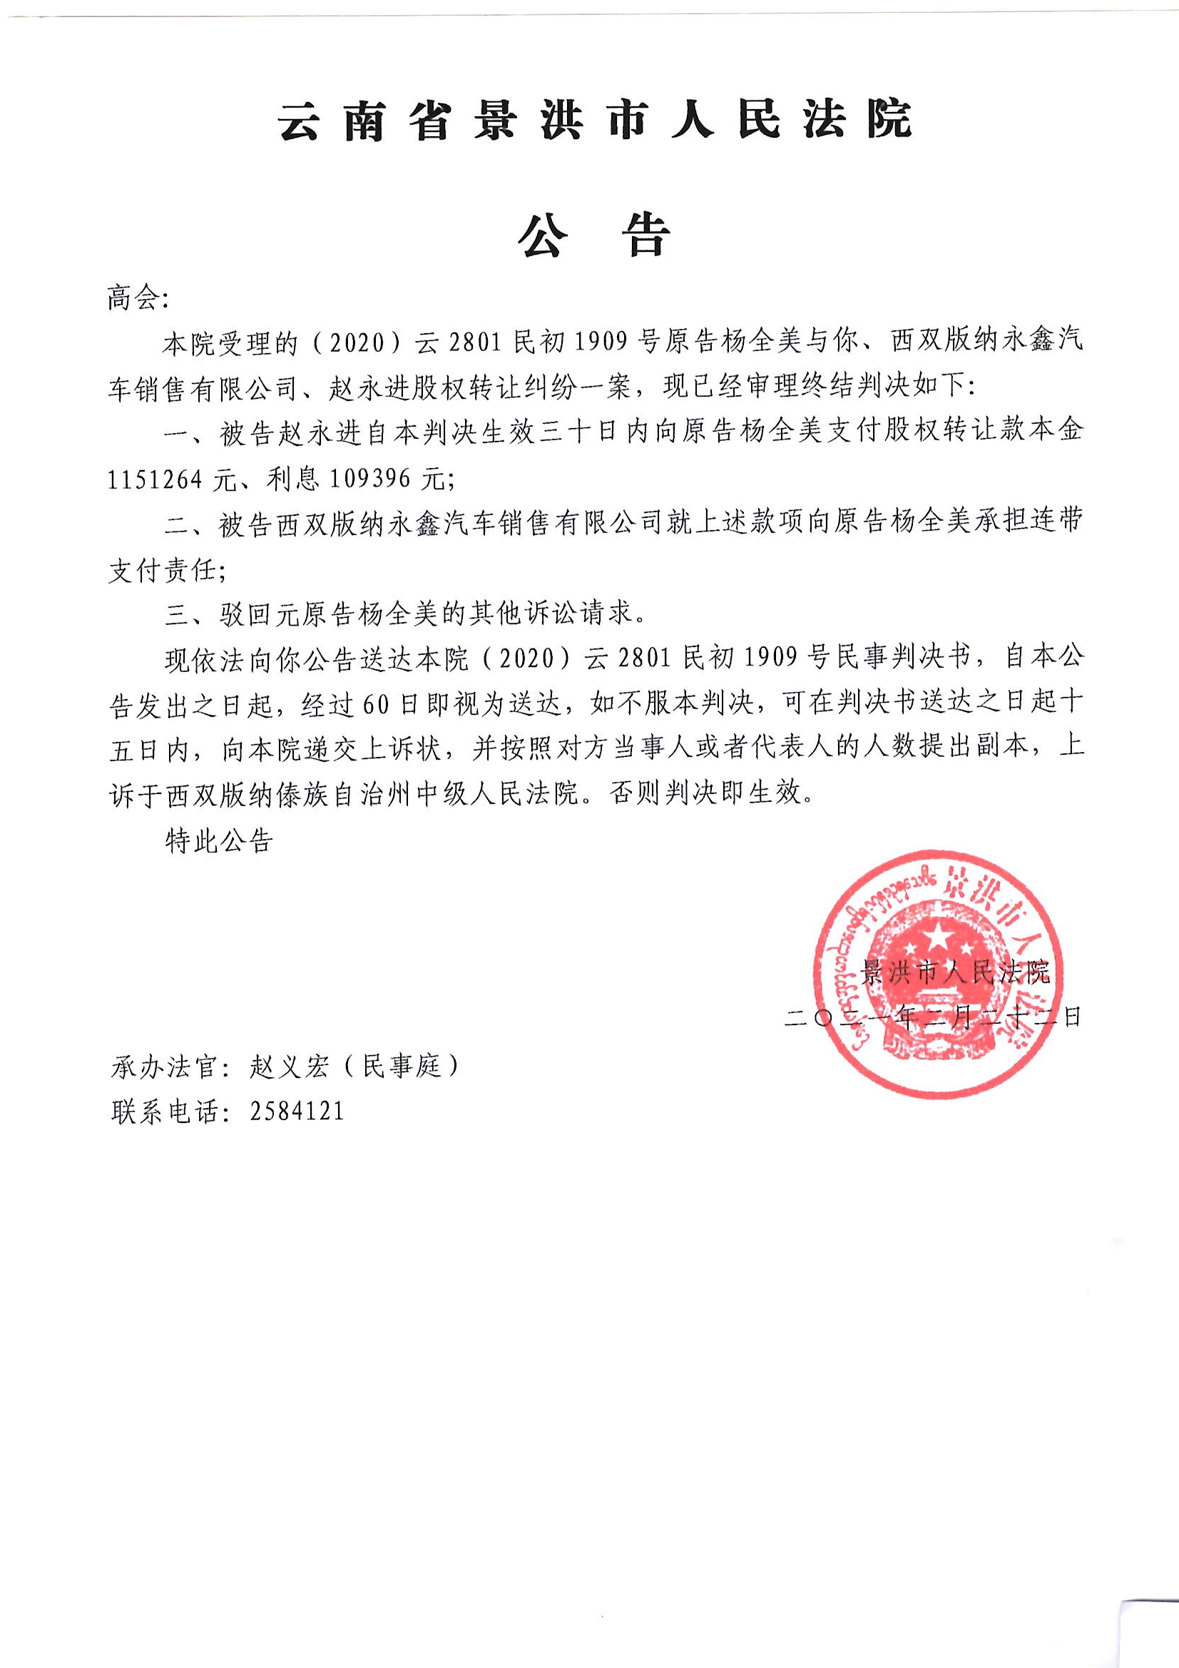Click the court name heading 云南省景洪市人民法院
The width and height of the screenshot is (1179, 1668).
pos(595,119)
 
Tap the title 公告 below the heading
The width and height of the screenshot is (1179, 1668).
pos(593,236)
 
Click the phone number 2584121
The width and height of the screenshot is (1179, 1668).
pos(297,1112)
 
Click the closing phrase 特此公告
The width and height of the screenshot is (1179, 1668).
pos(219,840)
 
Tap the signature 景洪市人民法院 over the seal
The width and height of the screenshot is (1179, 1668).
pos(954,972)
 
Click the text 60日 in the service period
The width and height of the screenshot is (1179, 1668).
pos(379,703)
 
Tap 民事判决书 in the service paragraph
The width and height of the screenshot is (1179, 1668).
pos(899,658)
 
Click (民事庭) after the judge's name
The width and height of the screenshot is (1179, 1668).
pos(402,1067)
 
